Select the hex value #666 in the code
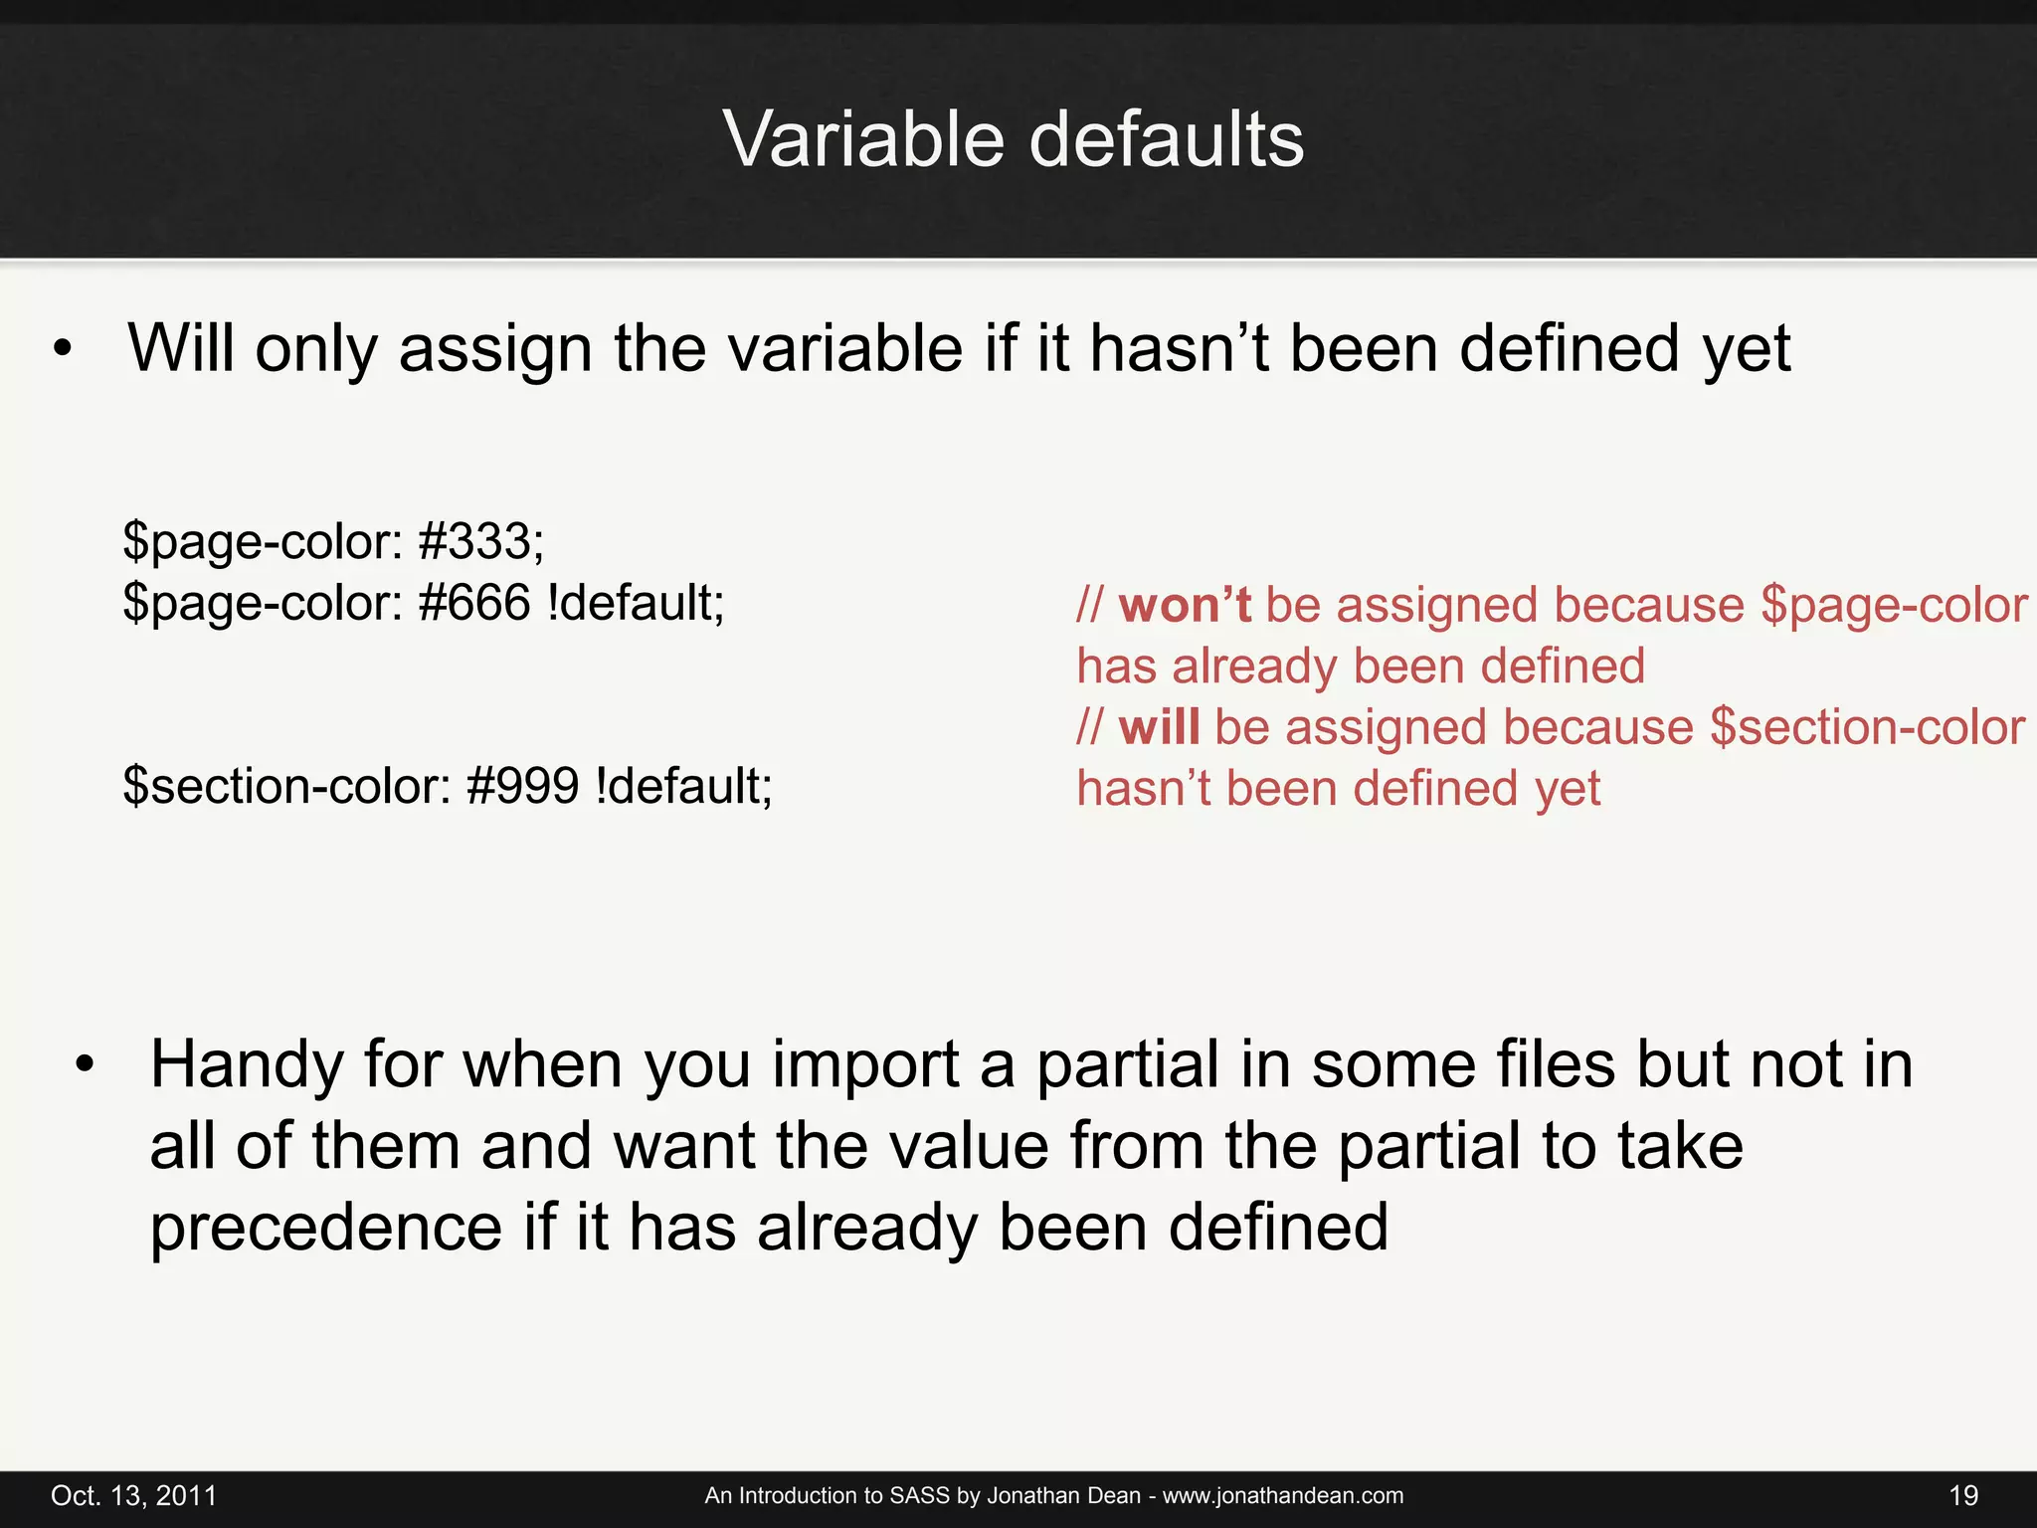[474, 603]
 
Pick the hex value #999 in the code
[522, 786]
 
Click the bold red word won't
[1184, 605]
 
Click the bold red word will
[1159, 727]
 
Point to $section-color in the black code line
[287, 786]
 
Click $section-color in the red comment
[1867, 727]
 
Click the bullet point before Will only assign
[64, 350]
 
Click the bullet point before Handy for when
[86, 1065]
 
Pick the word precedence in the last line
[326, 1228]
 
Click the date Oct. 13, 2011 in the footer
[133, 1495]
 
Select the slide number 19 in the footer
[1962, 1495]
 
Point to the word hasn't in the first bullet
[1179, 349]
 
